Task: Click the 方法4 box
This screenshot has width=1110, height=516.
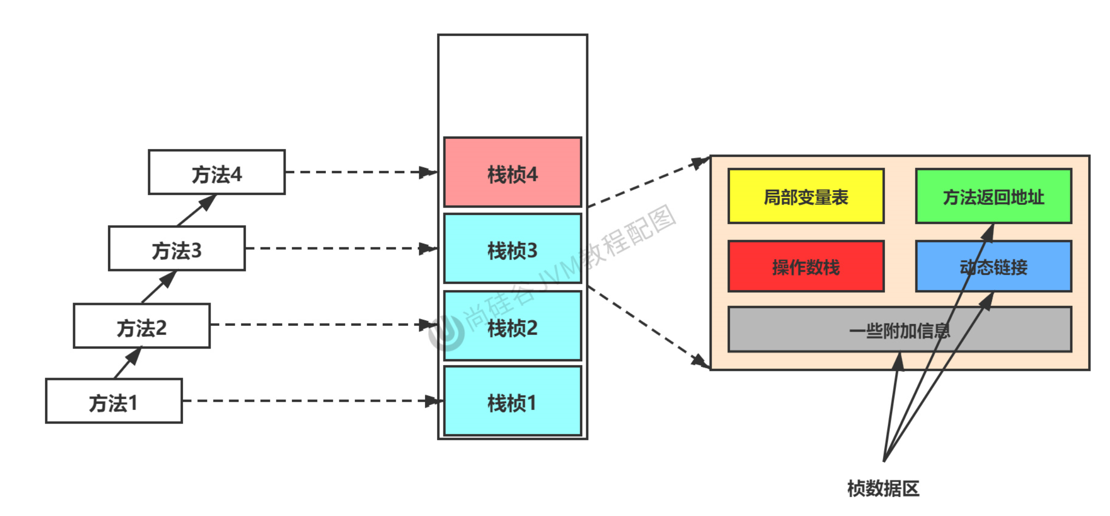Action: pyautogui.click(x=216, y=172)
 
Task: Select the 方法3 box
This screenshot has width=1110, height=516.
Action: pyautogui.click(x=177, y=248)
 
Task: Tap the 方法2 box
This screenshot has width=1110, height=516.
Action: pyautogui.click(x=141, y=326)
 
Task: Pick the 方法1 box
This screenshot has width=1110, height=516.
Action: pyautogui.click(x=114, y=401)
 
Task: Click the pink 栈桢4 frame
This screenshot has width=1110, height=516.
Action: pyautogui.click(x=512, y=172)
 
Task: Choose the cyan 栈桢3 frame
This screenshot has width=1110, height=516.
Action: pyautogui.click(x=512, y=249)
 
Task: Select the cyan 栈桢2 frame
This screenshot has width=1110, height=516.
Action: pyautogui.click(x=512, y=326)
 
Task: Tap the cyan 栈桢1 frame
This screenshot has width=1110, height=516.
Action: pyautogui.click(x=512, y=401)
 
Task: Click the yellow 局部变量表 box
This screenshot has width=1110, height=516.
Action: pyautogui.click(x=806, y=196)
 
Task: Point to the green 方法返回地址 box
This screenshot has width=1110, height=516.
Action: pyautogui.click(x=993, y=196)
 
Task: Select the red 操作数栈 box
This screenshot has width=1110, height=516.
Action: pyautogui.click(x=806, y=266)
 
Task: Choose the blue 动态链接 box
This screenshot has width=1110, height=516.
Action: pyautogui.click(x=993, y=266)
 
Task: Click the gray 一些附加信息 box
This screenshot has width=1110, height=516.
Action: pyautogui.click(x=823, y=330)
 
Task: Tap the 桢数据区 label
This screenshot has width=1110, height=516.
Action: pyautogui.click(x=883, y=488)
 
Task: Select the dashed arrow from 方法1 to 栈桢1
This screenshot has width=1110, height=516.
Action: pyautogui.click(x=310, y=401)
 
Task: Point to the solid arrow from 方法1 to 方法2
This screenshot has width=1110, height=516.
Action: pyautogui.click(x=127, y=363)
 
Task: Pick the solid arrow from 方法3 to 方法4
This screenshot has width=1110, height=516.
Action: pyautogui.click(x=196, y=211)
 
